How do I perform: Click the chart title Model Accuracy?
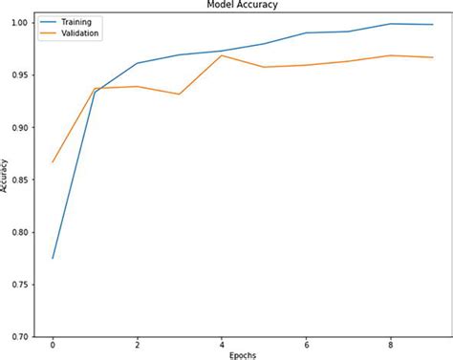[235, 5]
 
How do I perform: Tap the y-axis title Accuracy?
[6, 176]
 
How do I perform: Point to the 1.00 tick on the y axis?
[20, 22]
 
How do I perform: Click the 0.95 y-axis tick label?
[20, 74]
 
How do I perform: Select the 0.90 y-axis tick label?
[20, 127]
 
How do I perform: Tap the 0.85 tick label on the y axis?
[20, 180]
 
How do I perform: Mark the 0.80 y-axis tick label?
[20, 232]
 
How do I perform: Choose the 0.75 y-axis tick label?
[20, 285]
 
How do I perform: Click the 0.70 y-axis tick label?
[20, 337]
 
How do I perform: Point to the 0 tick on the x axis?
[53, 344]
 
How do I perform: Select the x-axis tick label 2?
[137, 344]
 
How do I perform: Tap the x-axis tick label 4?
[221, 344]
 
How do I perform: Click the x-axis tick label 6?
[305, 344]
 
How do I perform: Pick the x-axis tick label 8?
[389, 344]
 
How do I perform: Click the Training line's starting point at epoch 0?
[53, 258]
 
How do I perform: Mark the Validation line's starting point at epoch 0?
[53, 161]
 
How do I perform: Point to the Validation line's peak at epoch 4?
[221, 55]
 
